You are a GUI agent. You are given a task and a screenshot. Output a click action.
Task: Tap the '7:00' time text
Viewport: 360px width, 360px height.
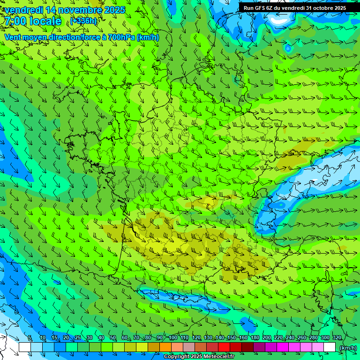pos(15,21)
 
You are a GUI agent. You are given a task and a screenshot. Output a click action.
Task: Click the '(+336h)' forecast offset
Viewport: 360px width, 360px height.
pos(84,21)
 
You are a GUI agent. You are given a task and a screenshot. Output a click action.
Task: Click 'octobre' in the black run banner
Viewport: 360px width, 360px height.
pos(320,8)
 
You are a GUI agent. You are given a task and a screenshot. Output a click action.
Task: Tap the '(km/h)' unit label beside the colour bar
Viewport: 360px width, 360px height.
pos(348,348)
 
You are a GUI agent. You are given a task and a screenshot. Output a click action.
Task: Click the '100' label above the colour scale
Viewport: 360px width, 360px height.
pos(173,338)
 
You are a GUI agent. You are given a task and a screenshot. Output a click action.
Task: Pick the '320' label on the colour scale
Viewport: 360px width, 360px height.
pos(337,338)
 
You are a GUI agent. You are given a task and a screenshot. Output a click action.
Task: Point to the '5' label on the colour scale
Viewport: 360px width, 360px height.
pos(30,338)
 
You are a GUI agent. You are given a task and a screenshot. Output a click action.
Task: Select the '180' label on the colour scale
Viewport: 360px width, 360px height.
pos(255,338)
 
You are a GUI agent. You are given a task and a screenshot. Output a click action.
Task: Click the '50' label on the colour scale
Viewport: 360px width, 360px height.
pos(113,338)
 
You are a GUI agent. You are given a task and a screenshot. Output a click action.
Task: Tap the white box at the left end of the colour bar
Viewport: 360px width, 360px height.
pos(25,347)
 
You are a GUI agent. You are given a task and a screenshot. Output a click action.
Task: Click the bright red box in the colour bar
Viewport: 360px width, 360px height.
pos(224,347)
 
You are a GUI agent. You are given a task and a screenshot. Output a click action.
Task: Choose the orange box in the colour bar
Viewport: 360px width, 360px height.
pos(165,347)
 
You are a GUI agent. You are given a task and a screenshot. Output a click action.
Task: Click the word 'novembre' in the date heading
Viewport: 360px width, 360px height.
pos(78,10)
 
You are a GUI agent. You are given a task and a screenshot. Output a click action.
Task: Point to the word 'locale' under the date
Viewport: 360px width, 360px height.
pos(45,21)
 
